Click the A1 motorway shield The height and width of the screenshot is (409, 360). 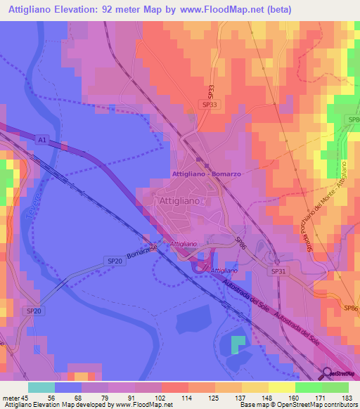42,140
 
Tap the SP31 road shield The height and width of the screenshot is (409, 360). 279,271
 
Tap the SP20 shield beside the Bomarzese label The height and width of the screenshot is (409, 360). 115,261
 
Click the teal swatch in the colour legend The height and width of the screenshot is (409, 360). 41,387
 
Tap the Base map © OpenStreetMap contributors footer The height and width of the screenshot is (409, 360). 299,405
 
